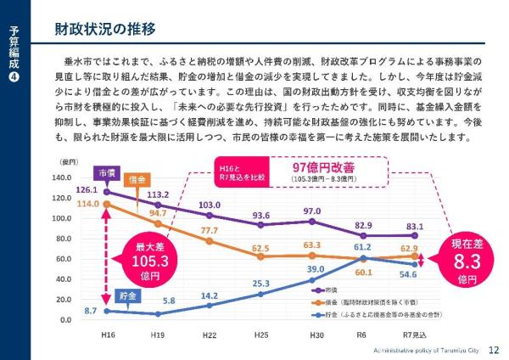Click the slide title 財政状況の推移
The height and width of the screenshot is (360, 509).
coord(104,29)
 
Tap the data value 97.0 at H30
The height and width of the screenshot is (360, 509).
coord(312,211)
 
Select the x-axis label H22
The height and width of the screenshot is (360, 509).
coord(209,336)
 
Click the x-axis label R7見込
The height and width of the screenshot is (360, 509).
coord(414,336)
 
